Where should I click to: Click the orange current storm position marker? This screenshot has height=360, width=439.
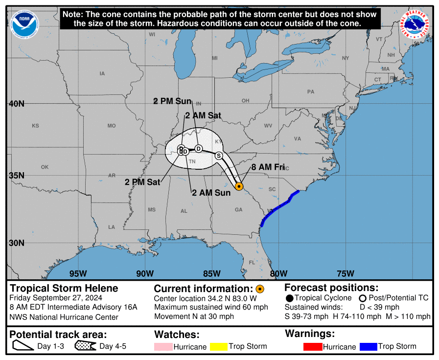239,186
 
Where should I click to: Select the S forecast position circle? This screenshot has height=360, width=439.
219,156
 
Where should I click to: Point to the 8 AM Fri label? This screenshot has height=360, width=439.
268,167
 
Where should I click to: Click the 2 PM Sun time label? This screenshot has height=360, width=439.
172,101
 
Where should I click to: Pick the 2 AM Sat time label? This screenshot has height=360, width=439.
203,116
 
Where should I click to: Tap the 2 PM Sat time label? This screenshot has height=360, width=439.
142,182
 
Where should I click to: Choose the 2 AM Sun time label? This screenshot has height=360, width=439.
211,193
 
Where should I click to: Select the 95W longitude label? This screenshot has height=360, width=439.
78,273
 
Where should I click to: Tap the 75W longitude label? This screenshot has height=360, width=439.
346,273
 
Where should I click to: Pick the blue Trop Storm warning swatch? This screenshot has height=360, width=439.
368,347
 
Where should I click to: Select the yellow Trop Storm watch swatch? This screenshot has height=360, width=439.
219,347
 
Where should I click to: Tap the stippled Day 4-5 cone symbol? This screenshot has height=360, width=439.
86,347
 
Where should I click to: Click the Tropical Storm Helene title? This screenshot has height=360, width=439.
64,288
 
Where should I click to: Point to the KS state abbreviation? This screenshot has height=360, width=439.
35,126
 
